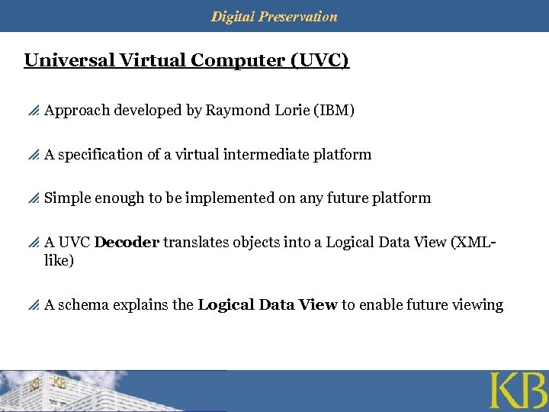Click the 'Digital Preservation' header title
click(x=274, y=16)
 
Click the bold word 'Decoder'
click(x=127, y=243)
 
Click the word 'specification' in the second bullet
click(x=100, y=155)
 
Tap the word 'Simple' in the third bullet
click(x=67, y=198)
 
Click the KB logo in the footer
click(x=517, y=391)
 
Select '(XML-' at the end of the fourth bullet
click(x=474, y=243)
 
